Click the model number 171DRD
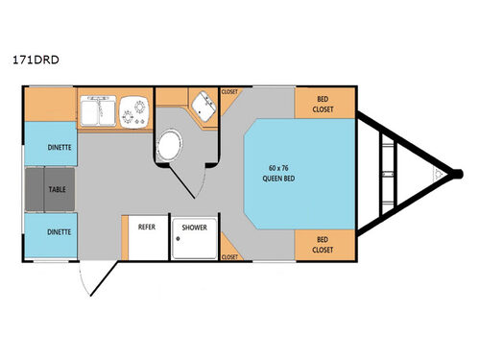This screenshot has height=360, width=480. tap(36, 60)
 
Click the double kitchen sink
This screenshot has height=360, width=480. tap(100, 112)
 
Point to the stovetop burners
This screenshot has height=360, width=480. tap(134, 112)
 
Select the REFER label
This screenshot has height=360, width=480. tap(147, 228)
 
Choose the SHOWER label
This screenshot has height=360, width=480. tap(194, 228)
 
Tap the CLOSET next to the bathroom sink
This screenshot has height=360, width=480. tap(230, 92)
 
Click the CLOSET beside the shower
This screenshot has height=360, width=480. tap(230, 256)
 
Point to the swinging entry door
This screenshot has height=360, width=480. tap(88, 280)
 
